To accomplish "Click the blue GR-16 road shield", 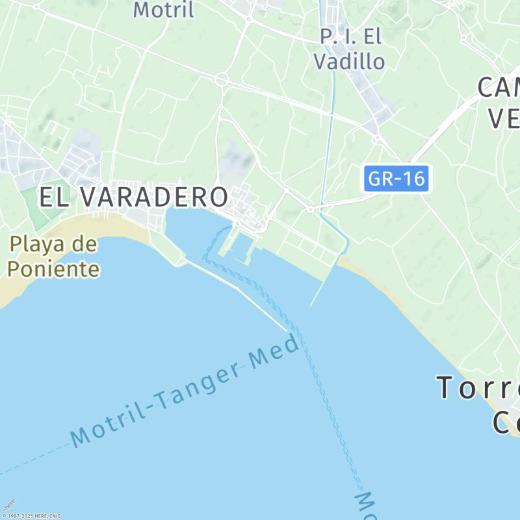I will tap(396, 179).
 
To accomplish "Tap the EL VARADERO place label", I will tap(133, 196).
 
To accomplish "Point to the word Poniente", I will tap(55, 268).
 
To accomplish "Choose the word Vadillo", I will tap(349, 62).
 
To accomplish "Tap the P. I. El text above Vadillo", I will tap(350, 37).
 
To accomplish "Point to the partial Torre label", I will tap(478, 387).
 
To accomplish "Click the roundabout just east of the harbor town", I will tap(310, 209).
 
